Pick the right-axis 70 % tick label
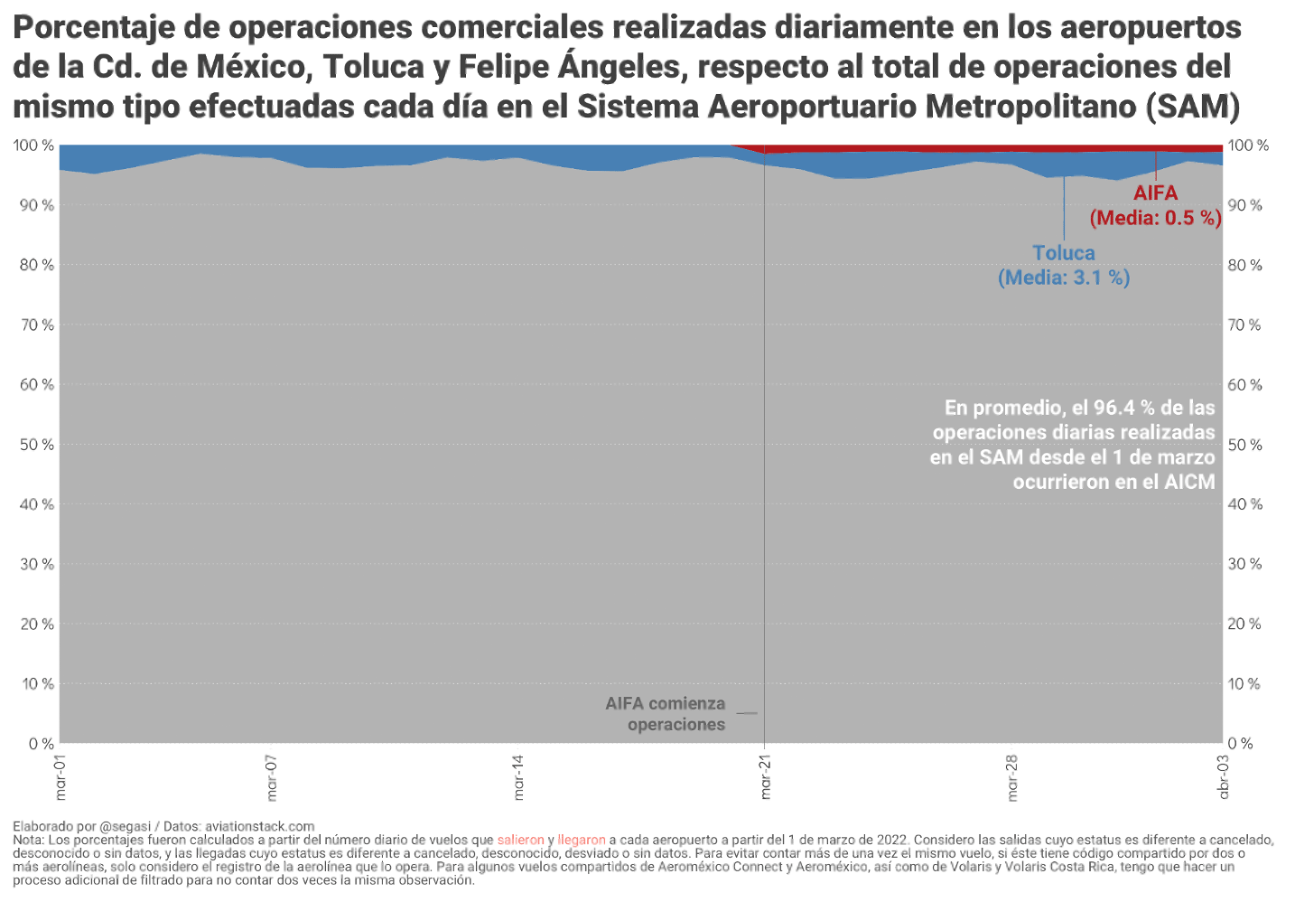pyautogui.click(x=1244, y=324)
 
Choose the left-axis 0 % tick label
pyautogui.click(x=41, y=744)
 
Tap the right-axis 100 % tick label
pyautogui.click(x=1248, y=146)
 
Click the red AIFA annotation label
pyautogui.click(x=1155, y=193)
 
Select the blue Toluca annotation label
pyautogui.click(x=1064, y=253)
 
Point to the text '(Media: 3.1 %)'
pyautogui.click(x=1064, y=277)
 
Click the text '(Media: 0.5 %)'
pyautogui.click(x=1155, y=218)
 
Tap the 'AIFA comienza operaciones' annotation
pyautogui.click(x=666, y=714)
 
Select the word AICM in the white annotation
pyautogui.click(x=1189, y=482)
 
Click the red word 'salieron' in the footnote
pyautogui.click(x=521, y=840)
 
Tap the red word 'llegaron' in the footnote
pyautogui.click(x=582, y=840)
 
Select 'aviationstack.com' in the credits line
pyautogui.click(x=259, y=826)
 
